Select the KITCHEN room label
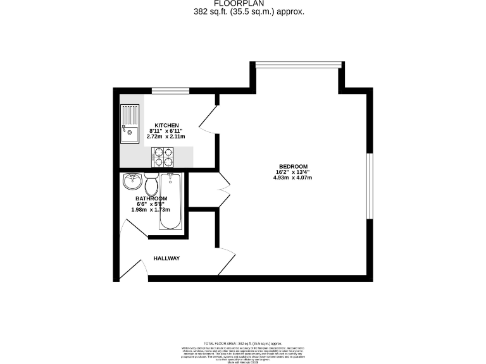tap(166, 124)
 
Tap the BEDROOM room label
tap(292, 166)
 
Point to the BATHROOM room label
tap(152, 198)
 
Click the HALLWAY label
tap(166, 258)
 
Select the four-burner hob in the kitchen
tap(163, 156)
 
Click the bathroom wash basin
tap(132, 182)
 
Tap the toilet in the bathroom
tap(151, 185)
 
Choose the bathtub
tap(171, 202)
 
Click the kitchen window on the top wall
tap(171, 91)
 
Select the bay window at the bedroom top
tap(299, 63)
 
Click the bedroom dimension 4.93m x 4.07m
tap(292, 178)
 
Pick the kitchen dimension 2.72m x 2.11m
tap(166, 136)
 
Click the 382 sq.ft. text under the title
tap(249, 11)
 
